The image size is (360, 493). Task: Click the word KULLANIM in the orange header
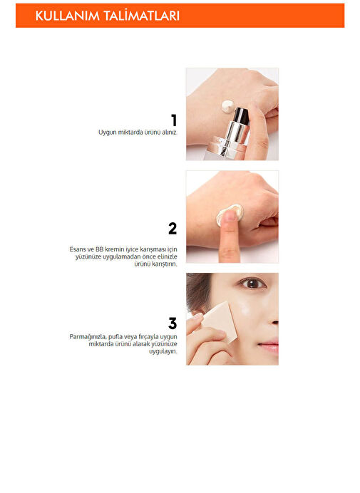pyautogui.click(x=67, y=16)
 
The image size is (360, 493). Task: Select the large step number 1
pyautogui.click(x=174, y=120)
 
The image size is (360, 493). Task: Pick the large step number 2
pyautogui.click(x=173, y=229)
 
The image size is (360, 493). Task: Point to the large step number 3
pyautogui.click(x=173, y=323)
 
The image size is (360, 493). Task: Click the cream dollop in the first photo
pyautogui.click(x=227, y=105)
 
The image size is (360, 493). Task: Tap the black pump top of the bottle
pyautogui.click(x=242, y=115)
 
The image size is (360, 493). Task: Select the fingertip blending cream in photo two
pyautogui.click(x=229, y=217)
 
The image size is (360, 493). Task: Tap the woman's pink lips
pyautogui.click(x=269, y=346)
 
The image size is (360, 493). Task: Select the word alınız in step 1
pyautogui.click(x=169, y=133)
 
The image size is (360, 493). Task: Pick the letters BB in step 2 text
pyautogui.click(x=99, y=249)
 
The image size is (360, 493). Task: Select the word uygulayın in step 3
pyautogui.click(x=163, y=351)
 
